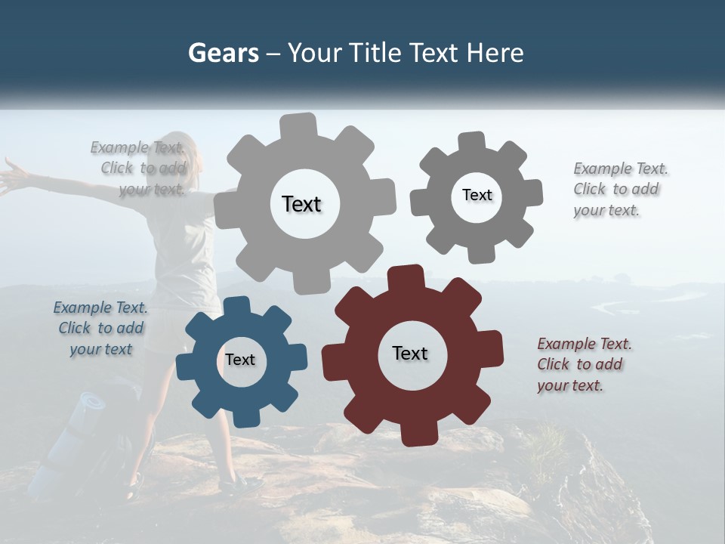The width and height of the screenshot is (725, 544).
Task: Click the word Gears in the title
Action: pos(223,53)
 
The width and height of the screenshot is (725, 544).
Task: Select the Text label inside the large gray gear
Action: pos(301,204)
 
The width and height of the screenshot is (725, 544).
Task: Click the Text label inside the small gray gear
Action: pos(477,195)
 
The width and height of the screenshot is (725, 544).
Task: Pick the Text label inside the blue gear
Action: pos(240,360)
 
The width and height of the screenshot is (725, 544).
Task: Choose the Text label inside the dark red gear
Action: pos(410,353)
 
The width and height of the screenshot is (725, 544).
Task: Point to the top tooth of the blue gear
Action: pos(237,305)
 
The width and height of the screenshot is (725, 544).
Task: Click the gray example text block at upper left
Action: pos(139,168)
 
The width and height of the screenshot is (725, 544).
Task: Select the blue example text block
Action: pos(101,328)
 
